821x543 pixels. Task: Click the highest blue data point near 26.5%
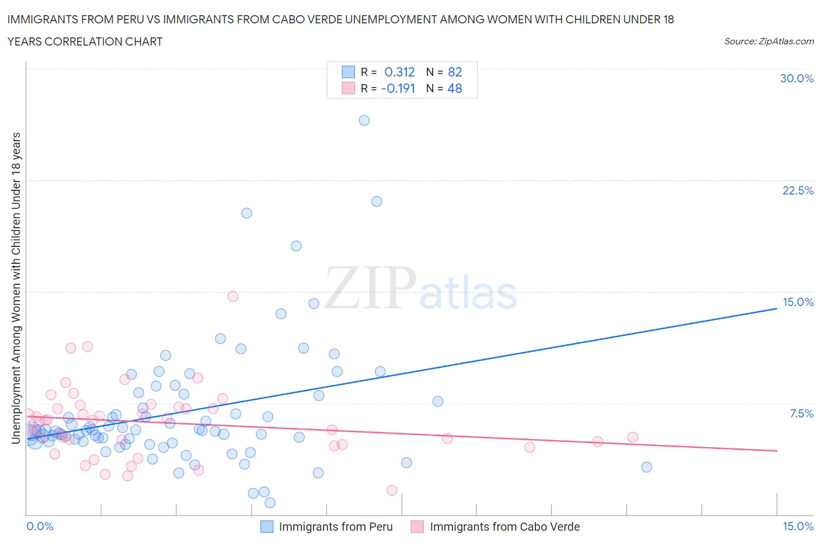[364, 120]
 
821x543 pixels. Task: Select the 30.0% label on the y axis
[796, 78]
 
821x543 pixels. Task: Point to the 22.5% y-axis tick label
[798, 190]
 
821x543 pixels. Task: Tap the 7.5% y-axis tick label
[801, 413]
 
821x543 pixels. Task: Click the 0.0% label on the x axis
[40, 526]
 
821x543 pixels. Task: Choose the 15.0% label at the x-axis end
[798, 526]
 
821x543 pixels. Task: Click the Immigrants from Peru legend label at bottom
[336, 527]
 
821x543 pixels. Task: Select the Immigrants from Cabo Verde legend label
[505, 527]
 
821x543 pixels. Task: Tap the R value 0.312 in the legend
[399, 72]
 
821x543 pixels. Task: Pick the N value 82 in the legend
[455, 72]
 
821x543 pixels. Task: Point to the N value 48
[455, 88]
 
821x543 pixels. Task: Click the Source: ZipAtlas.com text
[768, 41]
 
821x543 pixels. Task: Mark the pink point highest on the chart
[232, 296]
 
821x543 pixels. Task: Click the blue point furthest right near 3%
[646, 467]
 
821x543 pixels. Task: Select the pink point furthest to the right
[632, 437]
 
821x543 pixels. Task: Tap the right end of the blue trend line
[777, 308]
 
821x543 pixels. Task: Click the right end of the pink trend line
[777, 451]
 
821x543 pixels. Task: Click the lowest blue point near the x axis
[270, 503]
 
